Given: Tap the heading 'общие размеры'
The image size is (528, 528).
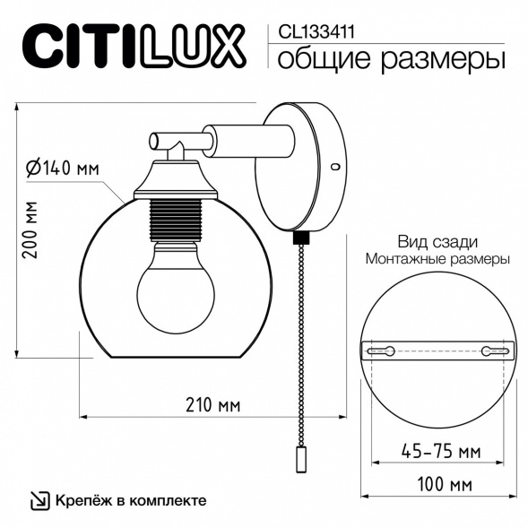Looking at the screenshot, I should pyautogui.click(x=386, y=60).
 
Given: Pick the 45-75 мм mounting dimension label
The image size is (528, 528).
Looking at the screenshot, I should pyautogui.click(x=439, y=449).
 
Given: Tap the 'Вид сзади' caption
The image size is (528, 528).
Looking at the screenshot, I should pyautogui.click(x=437, y=242).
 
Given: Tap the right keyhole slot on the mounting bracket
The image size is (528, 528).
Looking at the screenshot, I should pyautogui.click(x=492, y=351).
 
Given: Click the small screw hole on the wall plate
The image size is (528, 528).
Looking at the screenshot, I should pyautogui.click(x=334, y=166).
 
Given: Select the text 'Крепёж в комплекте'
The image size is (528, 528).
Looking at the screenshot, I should pyautogui.click(x=131, y=500).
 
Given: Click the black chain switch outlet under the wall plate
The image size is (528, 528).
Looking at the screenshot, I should pyautogui.click(x=300, y=237).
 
